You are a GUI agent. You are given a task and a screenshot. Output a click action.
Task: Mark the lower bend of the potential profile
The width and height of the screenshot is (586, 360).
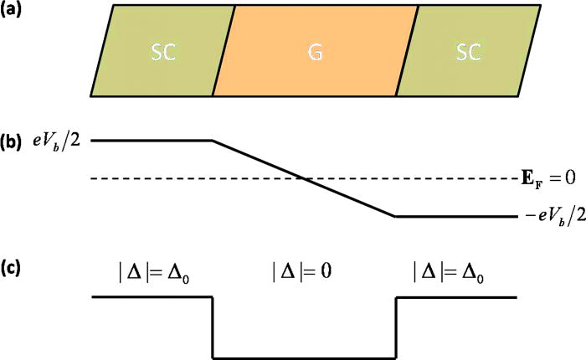click(394, 216)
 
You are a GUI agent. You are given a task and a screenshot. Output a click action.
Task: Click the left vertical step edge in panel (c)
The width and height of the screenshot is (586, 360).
click(213, 327)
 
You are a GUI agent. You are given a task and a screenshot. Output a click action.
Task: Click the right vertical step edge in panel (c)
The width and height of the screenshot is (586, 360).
click(395, 327)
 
